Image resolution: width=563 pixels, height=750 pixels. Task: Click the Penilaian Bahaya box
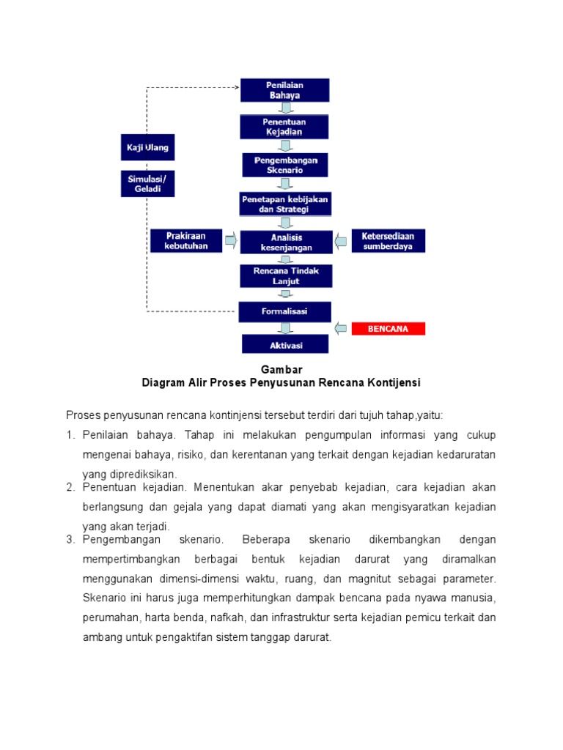coord(284,89)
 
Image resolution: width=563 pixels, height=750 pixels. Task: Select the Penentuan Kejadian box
coord(284,127)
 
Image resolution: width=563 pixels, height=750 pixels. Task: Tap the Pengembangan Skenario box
coord(284,165)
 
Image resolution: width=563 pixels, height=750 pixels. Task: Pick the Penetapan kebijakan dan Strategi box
coord(284,204)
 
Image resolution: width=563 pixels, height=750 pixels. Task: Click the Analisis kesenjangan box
coord(284,242)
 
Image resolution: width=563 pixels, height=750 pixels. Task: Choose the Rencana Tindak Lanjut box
coord(284,276)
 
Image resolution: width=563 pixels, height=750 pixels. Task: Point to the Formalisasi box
coord(284,311)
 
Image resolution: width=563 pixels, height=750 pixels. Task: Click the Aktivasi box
coord(284,345)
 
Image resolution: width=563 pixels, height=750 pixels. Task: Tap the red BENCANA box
coord(389,329)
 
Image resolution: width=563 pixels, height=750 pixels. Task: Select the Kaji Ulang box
coord(147,147)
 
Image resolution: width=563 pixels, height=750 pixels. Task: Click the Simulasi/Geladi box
coord(147,183)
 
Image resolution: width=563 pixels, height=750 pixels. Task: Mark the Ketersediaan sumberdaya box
coord(388,240)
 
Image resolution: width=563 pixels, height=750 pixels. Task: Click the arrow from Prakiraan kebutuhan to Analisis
coord(230,240)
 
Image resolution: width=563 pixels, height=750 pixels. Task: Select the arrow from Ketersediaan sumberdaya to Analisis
coord(341,240)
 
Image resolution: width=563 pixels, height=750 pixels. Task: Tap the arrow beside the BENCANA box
coord(341,328)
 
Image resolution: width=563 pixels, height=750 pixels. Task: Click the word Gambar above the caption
coord(281,370)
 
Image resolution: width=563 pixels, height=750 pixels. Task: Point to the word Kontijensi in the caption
coord(393,383)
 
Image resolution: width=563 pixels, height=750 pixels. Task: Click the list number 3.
coord(70,540)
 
